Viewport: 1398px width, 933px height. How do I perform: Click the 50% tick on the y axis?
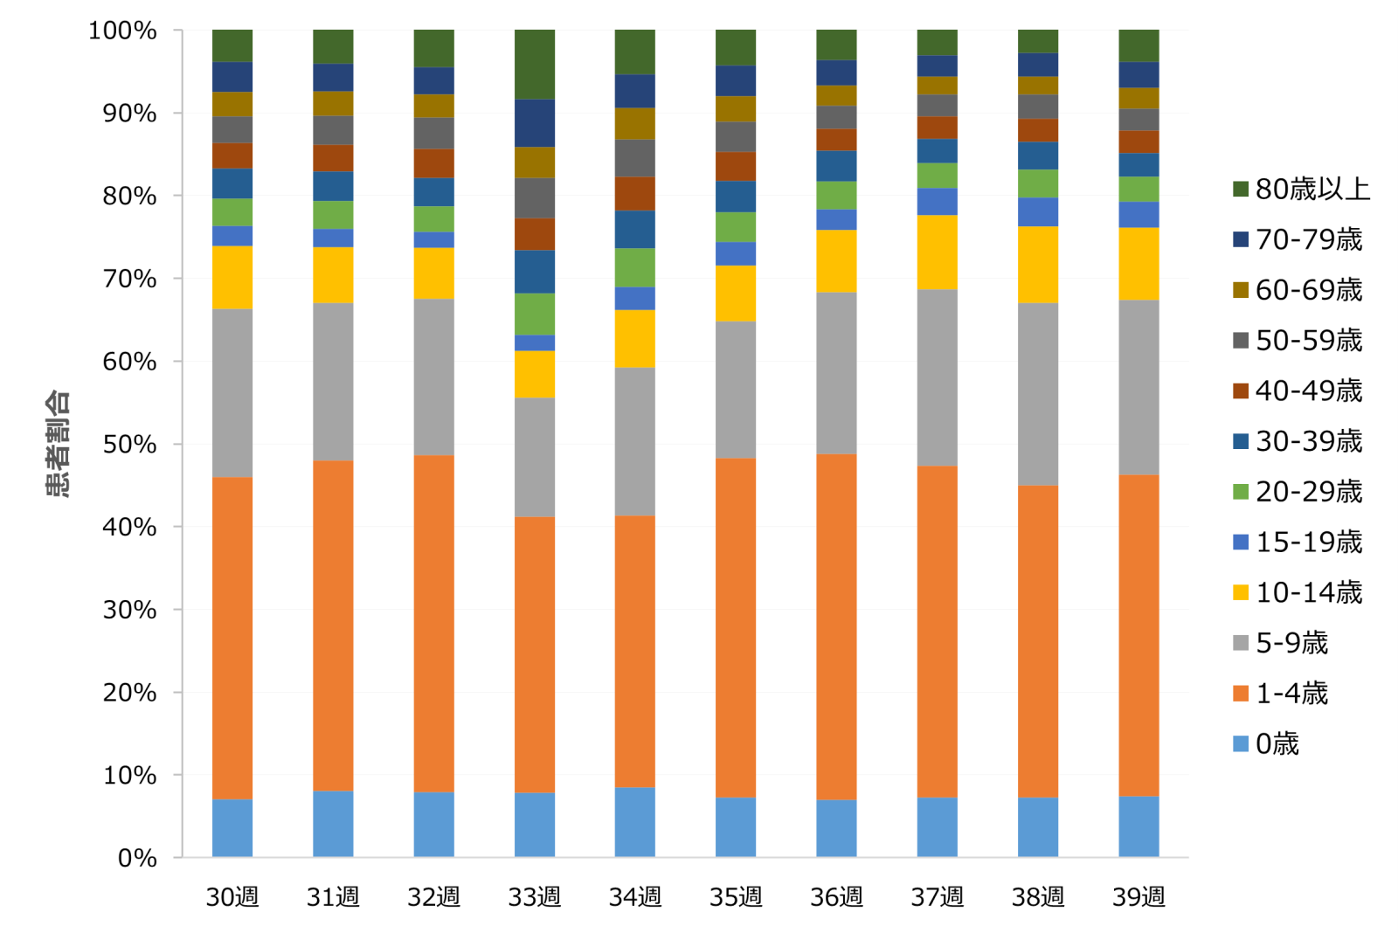129,445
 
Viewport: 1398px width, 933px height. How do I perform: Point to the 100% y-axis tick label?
122,31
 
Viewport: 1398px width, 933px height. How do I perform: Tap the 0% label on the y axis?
137,859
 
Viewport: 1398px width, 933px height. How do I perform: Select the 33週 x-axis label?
534,897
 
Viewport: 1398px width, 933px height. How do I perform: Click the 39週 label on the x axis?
1138,897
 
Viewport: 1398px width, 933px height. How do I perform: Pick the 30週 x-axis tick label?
232,897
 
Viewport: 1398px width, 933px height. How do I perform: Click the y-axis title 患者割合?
58,444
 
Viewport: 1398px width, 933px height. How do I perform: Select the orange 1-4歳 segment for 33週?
535,654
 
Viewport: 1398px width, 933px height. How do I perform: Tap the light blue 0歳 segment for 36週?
836,828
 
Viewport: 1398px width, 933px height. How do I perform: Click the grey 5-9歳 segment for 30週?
232,393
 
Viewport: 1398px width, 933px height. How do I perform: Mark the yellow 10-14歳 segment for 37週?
938,252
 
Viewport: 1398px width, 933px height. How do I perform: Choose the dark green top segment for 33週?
535,65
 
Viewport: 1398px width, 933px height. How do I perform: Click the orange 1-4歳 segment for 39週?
1138,635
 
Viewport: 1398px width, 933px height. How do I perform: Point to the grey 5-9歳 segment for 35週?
736,390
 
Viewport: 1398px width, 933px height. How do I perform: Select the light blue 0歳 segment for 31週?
333,824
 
